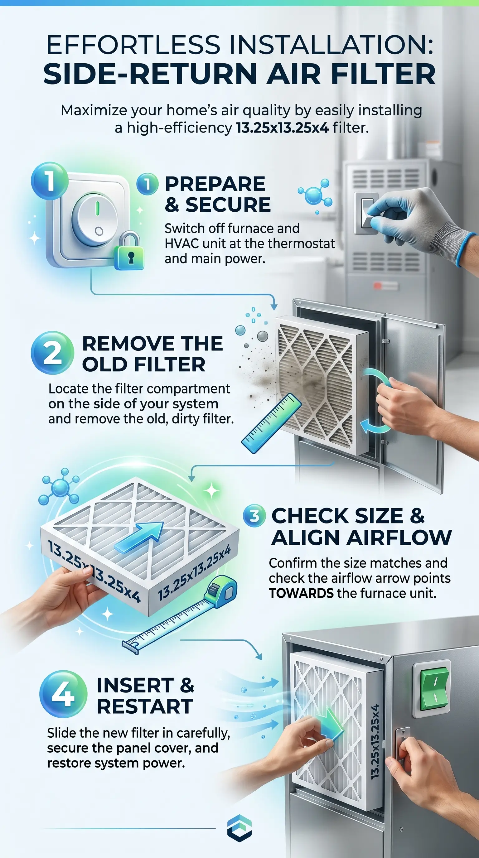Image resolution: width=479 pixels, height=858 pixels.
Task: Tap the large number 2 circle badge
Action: pos(52,353)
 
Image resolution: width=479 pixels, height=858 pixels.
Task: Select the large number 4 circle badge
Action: pos(63,694)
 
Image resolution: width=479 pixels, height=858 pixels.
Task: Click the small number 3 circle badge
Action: pos(254,516)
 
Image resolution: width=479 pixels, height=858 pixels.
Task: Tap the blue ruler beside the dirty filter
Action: pos(271,423)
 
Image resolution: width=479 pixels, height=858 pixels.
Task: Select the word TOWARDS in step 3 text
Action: pos(301,593)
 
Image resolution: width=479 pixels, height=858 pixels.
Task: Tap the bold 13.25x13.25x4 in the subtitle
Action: pos(283,128)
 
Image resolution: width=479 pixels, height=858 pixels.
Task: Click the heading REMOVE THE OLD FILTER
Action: pos(152,354)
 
